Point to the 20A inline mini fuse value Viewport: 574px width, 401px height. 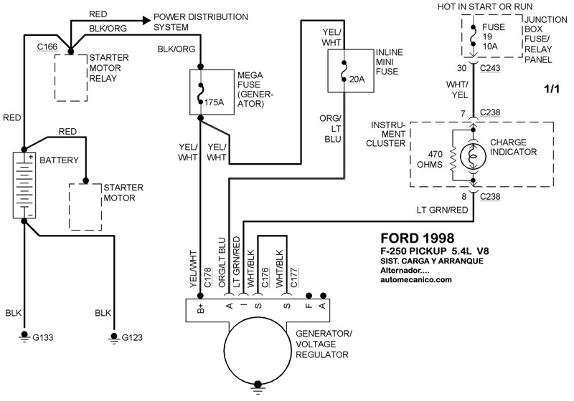click(x=355, y=79)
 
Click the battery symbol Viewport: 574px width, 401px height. click(x=24, y=184)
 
